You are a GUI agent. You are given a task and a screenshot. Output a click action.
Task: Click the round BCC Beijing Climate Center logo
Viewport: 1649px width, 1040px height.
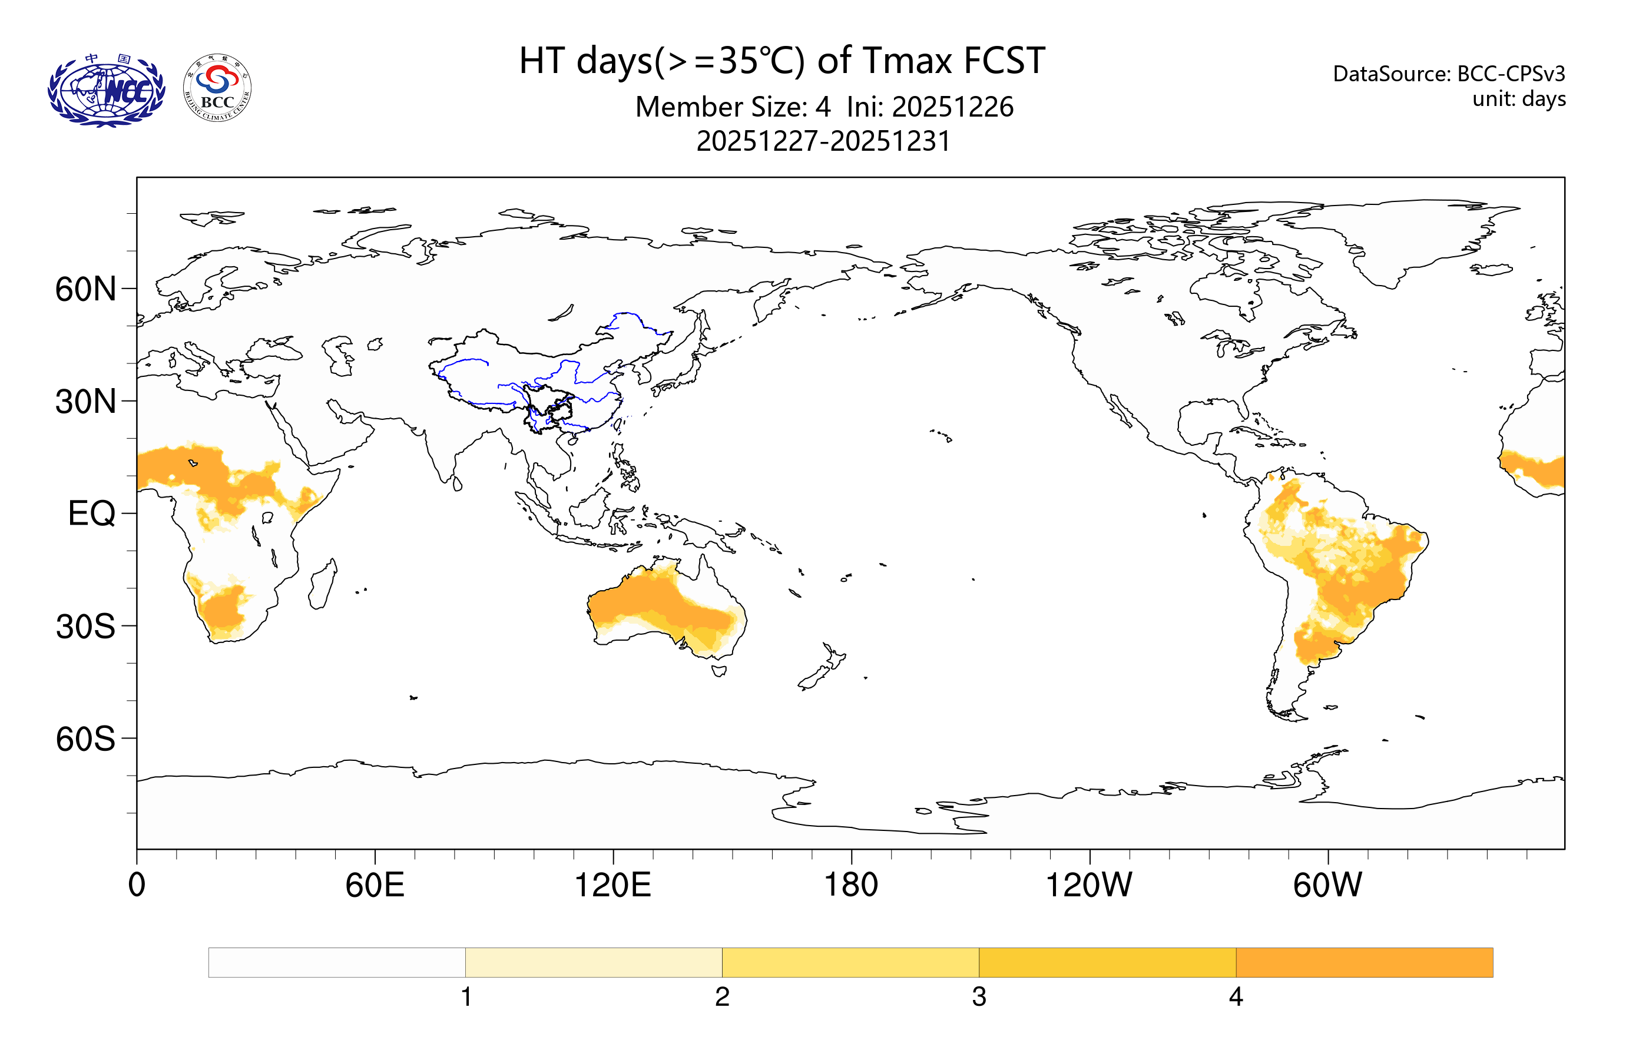coord(217,88)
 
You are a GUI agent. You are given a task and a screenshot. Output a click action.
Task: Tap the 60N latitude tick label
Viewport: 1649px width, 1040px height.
coord(85,290)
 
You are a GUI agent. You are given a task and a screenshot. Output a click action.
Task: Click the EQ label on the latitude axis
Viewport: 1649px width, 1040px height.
coord(92,514)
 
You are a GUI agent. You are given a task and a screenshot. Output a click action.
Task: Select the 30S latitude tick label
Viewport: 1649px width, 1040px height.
coord(85,627)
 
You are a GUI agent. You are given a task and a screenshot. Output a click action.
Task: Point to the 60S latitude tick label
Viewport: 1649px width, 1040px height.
coord(85,740)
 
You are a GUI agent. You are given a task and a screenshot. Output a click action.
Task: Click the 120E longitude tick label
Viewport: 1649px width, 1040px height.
coord(612,885)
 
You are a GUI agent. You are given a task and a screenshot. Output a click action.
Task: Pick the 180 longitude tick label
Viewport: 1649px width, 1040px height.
coord(850,885)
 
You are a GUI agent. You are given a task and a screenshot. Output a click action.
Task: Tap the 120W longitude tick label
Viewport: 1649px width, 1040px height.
coord(1088,885)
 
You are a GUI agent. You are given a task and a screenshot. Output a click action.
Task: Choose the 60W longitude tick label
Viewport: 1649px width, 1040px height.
coord(1327,885)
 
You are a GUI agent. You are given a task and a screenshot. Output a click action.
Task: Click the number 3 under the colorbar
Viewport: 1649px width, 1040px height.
coord(979,997)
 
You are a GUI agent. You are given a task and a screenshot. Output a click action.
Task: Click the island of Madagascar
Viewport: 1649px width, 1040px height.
coord(322,585)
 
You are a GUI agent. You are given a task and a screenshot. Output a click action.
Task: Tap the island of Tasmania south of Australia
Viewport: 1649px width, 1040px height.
coord(718,670)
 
